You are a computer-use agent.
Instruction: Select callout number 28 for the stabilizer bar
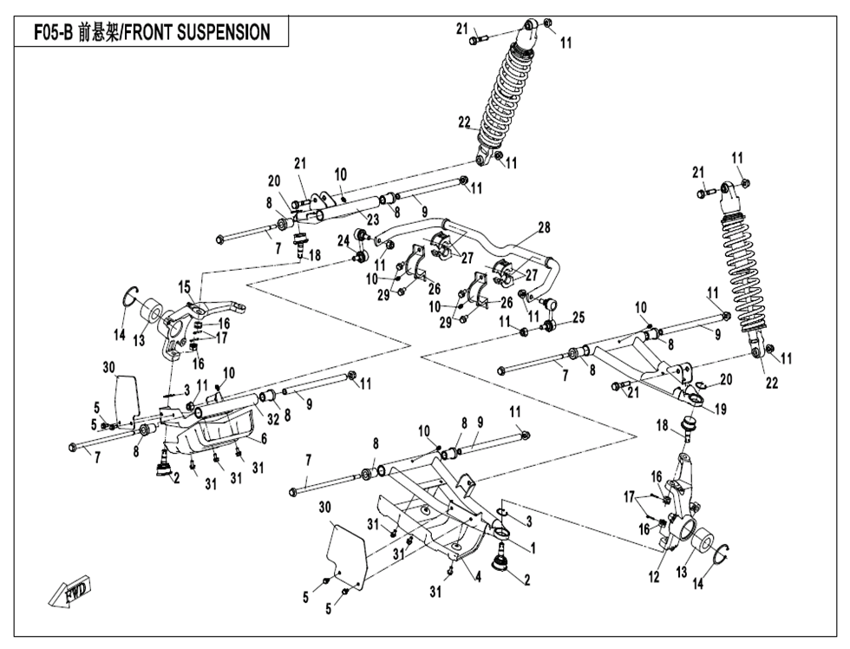click(x=543, y=228)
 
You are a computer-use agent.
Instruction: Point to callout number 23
click(x=373, y=220)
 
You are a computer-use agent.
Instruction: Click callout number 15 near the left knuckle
click(x=184, y=286)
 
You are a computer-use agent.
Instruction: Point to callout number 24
click(x=343, y=239)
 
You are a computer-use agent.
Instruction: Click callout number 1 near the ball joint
click(x=532, y=547)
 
